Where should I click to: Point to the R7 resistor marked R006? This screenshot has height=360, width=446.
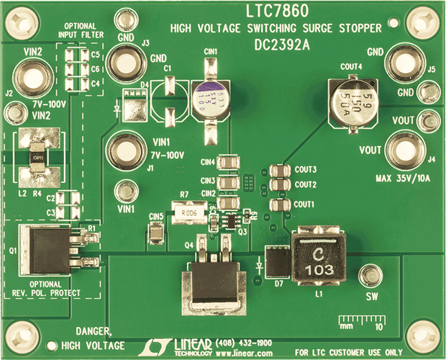[190, 212]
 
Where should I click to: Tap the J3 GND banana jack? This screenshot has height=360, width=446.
[127, 63]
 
